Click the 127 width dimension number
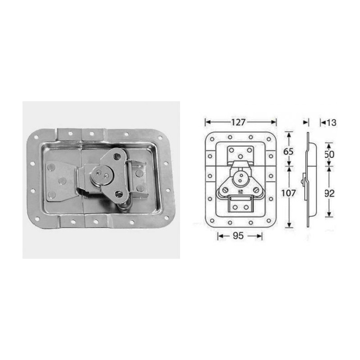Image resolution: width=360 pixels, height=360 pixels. pyautogui.click(x=240, y=122)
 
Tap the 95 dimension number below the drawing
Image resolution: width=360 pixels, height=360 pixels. pyautogui.click(x=239, y=236)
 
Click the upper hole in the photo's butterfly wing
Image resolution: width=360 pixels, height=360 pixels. pyautogui.click(x=117, y=156)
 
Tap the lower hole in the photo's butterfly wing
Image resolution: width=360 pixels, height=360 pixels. pyautogui.click(x=118, y=194)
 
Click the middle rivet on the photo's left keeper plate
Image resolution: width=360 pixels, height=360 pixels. pyautogui.click(x=63, y=180)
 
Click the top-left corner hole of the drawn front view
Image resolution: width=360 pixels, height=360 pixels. pyautogui.click(x=211, y=139)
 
